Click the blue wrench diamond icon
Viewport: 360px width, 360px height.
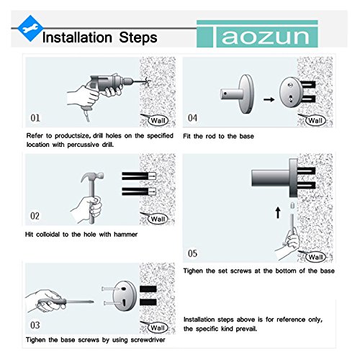(x=30, y=28)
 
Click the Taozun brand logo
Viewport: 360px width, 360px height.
(x=257, y=34)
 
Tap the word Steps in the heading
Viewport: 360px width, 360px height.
(x=138, y=37)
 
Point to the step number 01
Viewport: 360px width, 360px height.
(x=35, y=118)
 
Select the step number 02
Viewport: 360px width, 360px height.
(x=35, y=216)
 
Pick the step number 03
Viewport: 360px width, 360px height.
(x=35, y=325)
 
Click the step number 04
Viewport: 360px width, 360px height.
(x=192, y=118)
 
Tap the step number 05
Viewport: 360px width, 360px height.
(x=192, y=253)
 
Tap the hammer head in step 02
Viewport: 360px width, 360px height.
(x=92, y=176)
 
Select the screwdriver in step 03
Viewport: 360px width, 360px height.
(x=66, y=302)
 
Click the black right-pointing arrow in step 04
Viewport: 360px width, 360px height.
(x=269, y=99)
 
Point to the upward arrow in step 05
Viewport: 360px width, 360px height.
(x=278, y=213)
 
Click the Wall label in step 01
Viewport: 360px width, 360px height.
(x=158, y=120)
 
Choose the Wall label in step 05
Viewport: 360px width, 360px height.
(x=315, y=257)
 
